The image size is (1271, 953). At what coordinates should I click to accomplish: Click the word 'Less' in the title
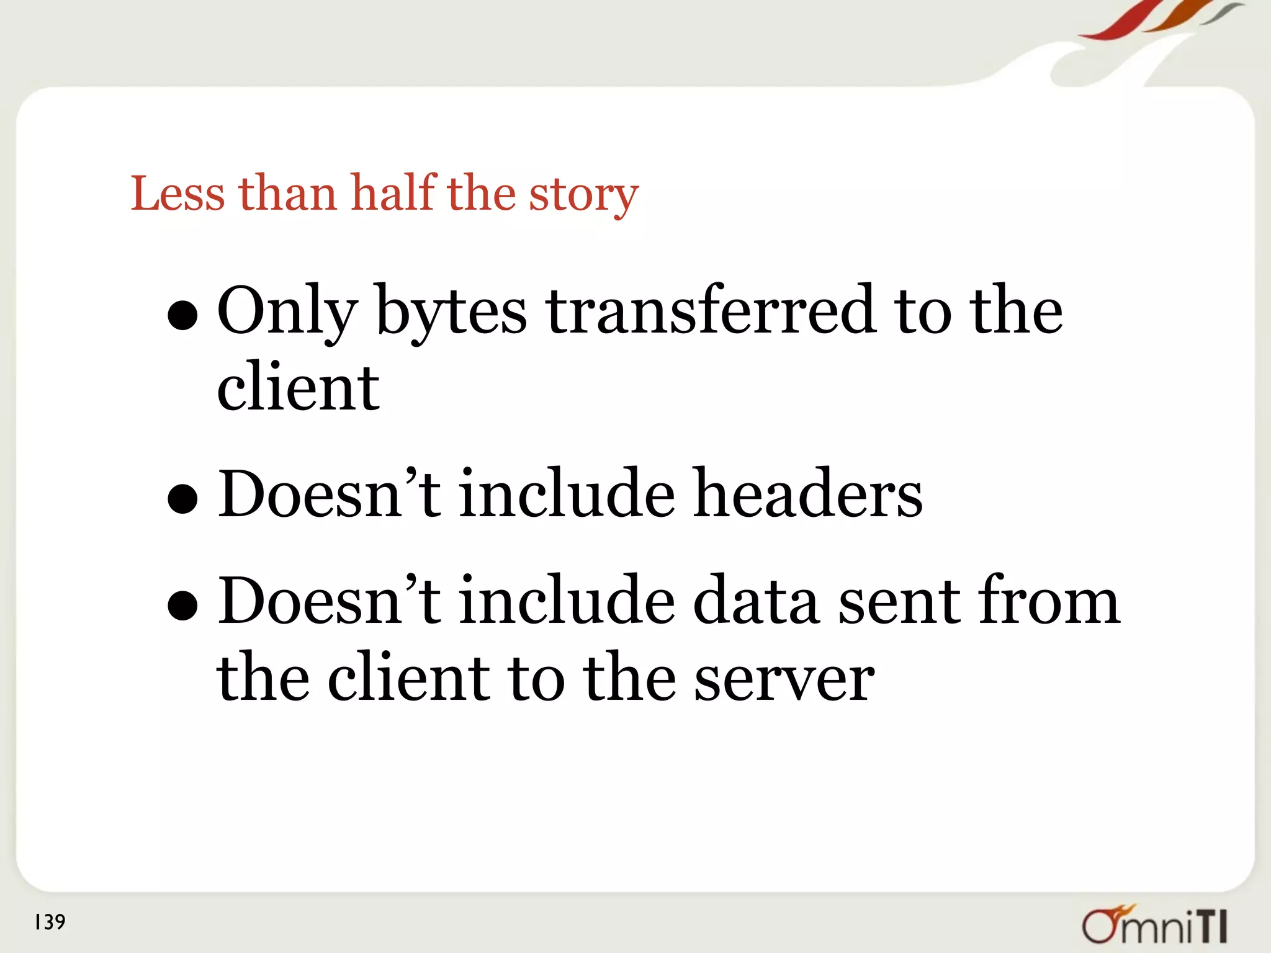point(177,194)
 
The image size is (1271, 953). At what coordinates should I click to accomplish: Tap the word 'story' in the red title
point(583,196)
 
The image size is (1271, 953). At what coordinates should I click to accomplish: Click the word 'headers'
point(807,494)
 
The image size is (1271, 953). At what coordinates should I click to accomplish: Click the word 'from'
point(1049,599)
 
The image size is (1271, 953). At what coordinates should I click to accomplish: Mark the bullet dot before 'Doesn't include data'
point(182,605)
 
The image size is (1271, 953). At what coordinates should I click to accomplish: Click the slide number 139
point(50,922)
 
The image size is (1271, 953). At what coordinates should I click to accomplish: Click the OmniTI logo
point(1155,924)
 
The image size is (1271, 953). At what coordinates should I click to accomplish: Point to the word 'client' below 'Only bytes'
point(298,387)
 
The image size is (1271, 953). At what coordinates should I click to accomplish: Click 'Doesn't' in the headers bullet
point(329,494)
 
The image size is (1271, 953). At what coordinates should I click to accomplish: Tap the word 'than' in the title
point(288,194)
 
